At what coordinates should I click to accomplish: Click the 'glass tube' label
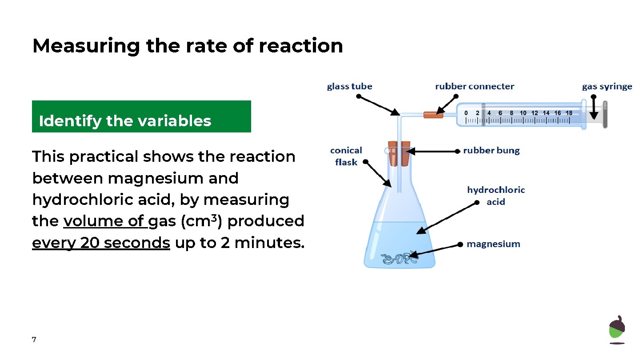(349, 86)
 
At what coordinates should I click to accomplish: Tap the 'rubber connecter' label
(474, 86)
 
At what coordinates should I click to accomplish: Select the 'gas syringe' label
(607, 86)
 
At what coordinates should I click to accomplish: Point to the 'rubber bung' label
(491, 150)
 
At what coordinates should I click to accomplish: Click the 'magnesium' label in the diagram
(493, 244)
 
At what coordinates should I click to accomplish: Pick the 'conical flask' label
(346, 156)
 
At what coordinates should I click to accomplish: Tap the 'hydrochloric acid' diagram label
(496, 196)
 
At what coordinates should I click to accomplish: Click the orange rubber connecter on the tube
(433, 115)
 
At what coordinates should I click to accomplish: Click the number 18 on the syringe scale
(568, 113)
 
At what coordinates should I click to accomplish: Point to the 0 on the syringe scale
(466, 113)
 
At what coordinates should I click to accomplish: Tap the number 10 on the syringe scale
(523, 113)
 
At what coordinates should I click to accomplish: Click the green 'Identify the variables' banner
(141, 116)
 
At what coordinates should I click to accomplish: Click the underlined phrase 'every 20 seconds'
(101, 243)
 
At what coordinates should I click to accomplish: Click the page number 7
(34, 340)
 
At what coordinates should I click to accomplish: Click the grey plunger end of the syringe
(604, 115)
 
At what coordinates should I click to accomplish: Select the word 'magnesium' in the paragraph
(173, 178)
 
